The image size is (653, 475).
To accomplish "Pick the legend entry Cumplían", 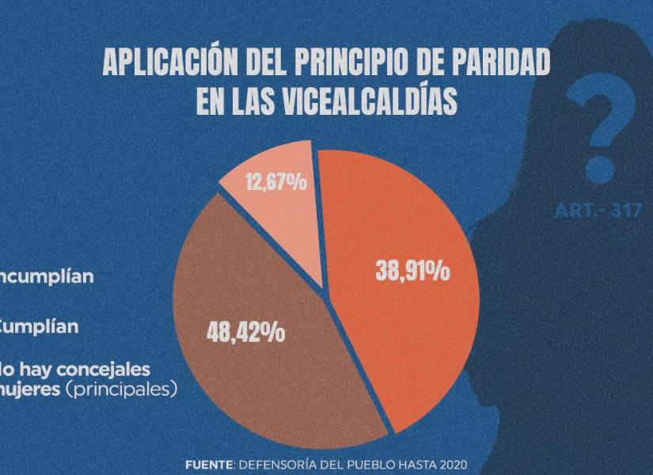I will (x=40, y=326).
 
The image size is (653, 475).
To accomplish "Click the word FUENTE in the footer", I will (x=208, y=463).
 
